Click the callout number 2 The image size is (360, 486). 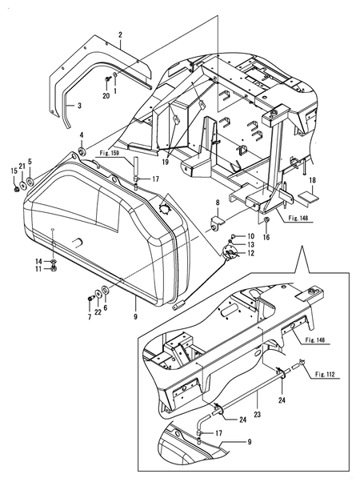coord(119,34)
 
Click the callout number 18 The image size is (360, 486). coord(314,182)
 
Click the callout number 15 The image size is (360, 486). coord(13,171)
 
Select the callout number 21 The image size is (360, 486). coord(22,165)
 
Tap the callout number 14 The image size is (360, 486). coord(38,262)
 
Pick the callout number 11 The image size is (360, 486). coord(38,270)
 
